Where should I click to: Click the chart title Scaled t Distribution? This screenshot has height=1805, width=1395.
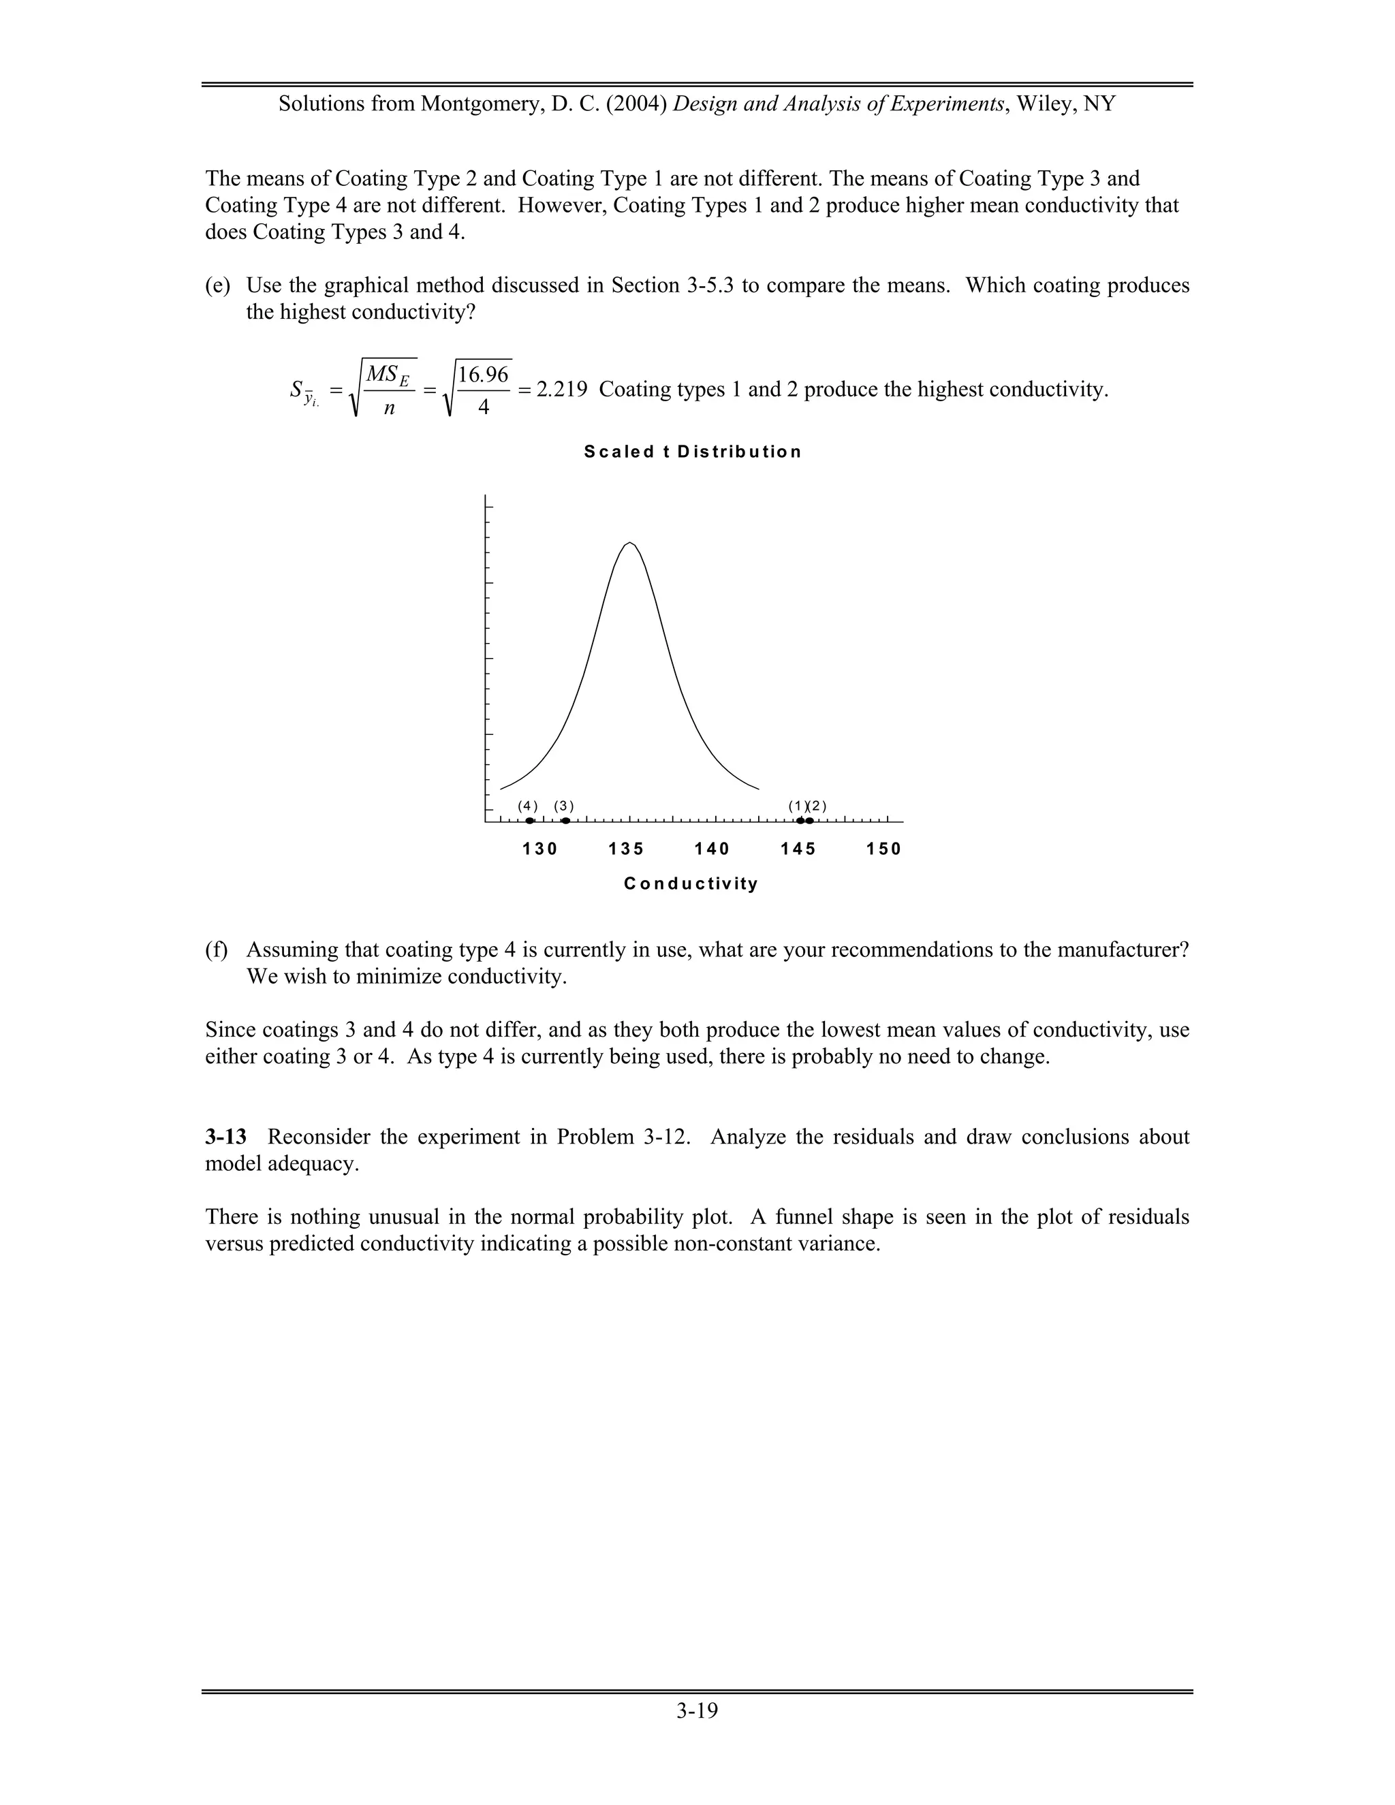(692, 452)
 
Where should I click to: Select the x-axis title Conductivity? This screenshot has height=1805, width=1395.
(691, 883)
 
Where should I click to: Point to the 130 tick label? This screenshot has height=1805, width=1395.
(540, 849)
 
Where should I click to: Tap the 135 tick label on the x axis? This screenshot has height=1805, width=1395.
(627, 849)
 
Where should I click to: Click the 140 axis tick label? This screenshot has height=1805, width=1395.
(712, 849)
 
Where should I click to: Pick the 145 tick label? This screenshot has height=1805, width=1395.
(798, 849)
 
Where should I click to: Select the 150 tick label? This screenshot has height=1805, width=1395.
(884, 849)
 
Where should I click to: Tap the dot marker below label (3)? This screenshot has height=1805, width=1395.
(565, 821)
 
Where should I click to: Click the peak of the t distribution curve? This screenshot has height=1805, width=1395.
(630, 543)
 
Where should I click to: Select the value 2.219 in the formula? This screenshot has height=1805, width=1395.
(562, 389)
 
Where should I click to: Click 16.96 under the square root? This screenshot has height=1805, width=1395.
(484, 375)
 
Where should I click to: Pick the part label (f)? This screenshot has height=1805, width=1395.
(217, 949)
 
